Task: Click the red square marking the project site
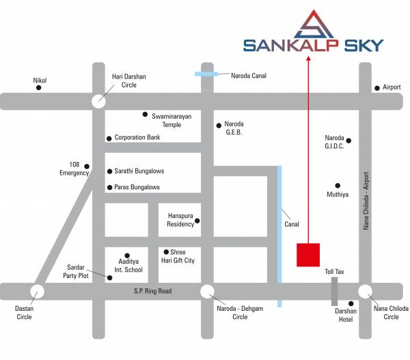tap(308, 254)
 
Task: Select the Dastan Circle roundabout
tap(36, 292)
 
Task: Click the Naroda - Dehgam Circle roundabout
tap(207, 292)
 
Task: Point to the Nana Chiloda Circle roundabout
tap(365, 292)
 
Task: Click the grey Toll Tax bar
tap(334, 292)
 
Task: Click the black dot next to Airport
tap(377, 88)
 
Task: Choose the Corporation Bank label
tap(137, 137)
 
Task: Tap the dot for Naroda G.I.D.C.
tap(348, 141)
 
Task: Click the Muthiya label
tap(338, 195)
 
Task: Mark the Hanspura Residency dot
tap(197, 221)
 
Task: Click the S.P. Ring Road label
tap(152, 292)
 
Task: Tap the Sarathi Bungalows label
tap(139, 171)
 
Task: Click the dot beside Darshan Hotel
tap(351, 304)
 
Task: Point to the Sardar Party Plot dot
tap(109, 277)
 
